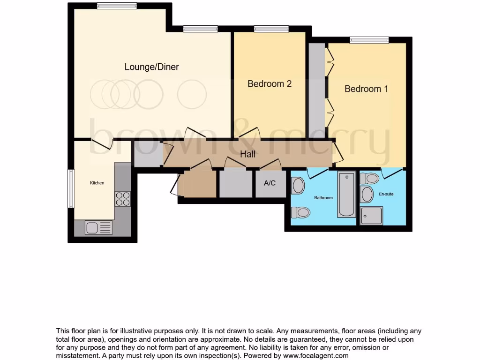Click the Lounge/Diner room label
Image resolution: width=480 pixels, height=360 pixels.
[151, 67]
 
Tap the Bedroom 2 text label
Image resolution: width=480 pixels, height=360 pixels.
[270, 84]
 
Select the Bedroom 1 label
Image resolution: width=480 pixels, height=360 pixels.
[366, 89]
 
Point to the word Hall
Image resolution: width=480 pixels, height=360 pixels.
[247, 154]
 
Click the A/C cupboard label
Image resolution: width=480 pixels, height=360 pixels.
[270, 183]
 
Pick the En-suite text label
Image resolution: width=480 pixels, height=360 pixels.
[387, 194]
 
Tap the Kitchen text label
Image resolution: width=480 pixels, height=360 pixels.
[97, 183]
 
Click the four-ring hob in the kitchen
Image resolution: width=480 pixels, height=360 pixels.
[123, 199]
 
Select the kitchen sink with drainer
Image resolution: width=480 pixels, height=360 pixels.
[98, 228]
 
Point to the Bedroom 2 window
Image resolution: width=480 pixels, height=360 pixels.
[271, 30]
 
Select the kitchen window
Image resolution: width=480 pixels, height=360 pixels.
[71, 188]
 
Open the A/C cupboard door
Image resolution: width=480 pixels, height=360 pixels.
[271, 165]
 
